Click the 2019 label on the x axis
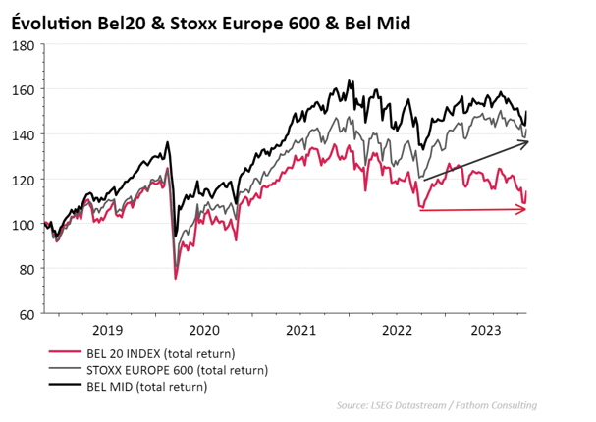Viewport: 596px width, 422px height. pos(107,331)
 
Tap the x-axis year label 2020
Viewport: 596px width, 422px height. pos(204,331)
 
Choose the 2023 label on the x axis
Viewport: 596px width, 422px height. pos(491,331)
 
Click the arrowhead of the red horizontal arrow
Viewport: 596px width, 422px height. pos(523,208)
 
